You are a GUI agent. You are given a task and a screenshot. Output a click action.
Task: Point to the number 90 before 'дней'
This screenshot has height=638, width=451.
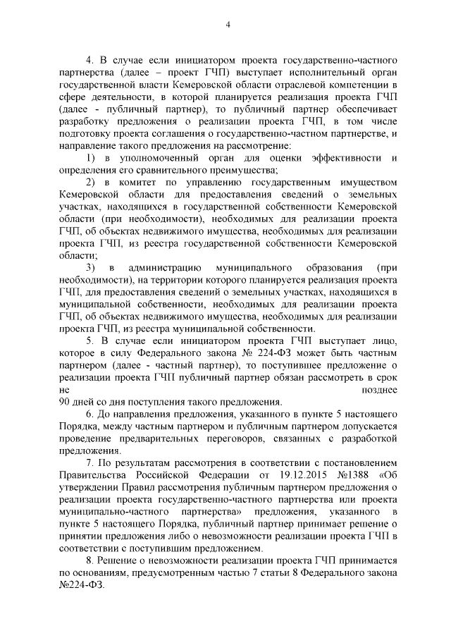tap(68, 400)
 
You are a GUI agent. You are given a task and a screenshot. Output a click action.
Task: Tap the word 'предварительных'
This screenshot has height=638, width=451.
tap(152, 438)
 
